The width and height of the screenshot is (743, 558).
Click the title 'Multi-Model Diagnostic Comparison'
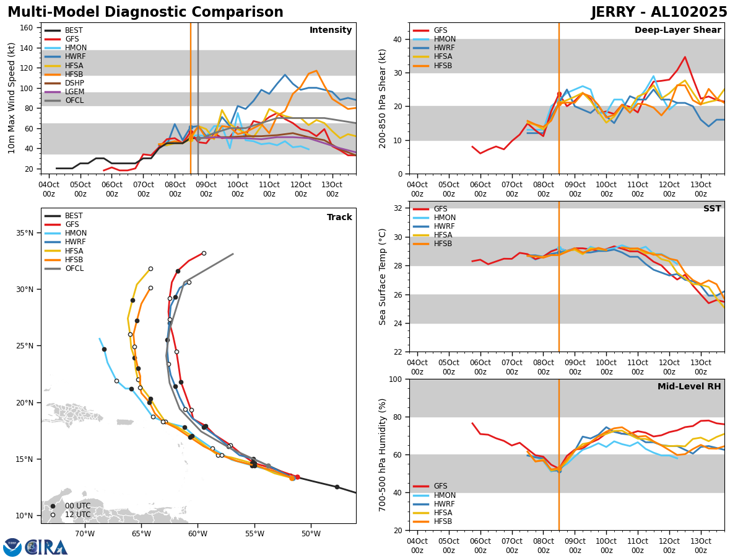pos(145,12)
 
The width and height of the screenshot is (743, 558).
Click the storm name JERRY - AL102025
pos(659,12)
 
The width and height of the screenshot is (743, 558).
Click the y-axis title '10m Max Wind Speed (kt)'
pos(11,98)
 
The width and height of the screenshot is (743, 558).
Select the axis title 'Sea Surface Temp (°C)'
pos(383,277)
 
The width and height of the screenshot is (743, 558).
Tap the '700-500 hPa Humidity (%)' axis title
pos(383,454)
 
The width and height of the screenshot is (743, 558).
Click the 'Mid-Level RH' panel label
pos(689,387)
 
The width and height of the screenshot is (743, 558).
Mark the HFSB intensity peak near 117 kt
pos(316,71)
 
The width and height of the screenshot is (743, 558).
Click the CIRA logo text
pos(46,547)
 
